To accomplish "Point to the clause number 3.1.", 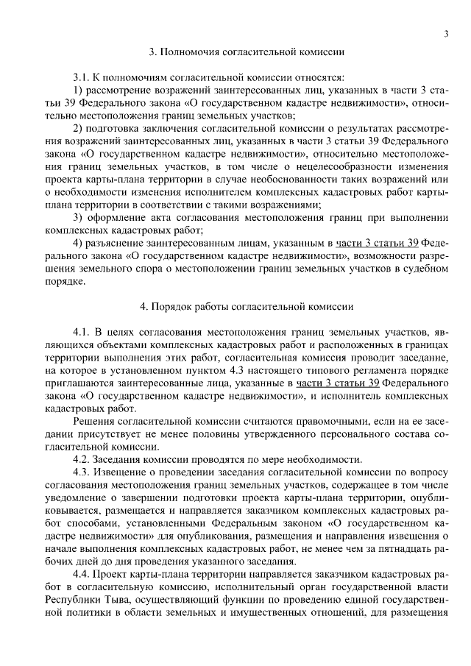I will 81,77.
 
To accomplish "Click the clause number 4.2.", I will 81,459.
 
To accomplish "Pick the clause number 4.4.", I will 81,575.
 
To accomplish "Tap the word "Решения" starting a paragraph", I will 93,421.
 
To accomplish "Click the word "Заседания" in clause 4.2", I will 117,459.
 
